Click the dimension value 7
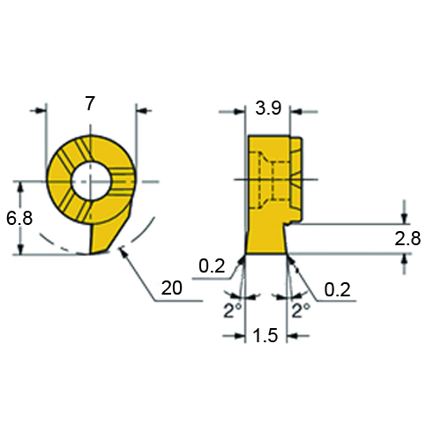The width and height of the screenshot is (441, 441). [90, 103]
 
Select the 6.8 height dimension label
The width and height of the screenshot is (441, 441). [19, 219]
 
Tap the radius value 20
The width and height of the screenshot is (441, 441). [172, 288]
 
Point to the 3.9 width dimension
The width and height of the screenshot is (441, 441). [268, 108]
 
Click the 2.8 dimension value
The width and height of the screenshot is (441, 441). [407, 238]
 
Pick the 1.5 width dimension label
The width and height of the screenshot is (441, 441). [265, 335]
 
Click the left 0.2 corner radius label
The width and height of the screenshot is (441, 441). [212, 265]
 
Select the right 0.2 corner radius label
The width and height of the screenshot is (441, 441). [337, 289]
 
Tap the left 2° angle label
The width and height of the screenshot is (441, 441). [232, 310]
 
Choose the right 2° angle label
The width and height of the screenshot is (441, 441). [301, 310]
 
